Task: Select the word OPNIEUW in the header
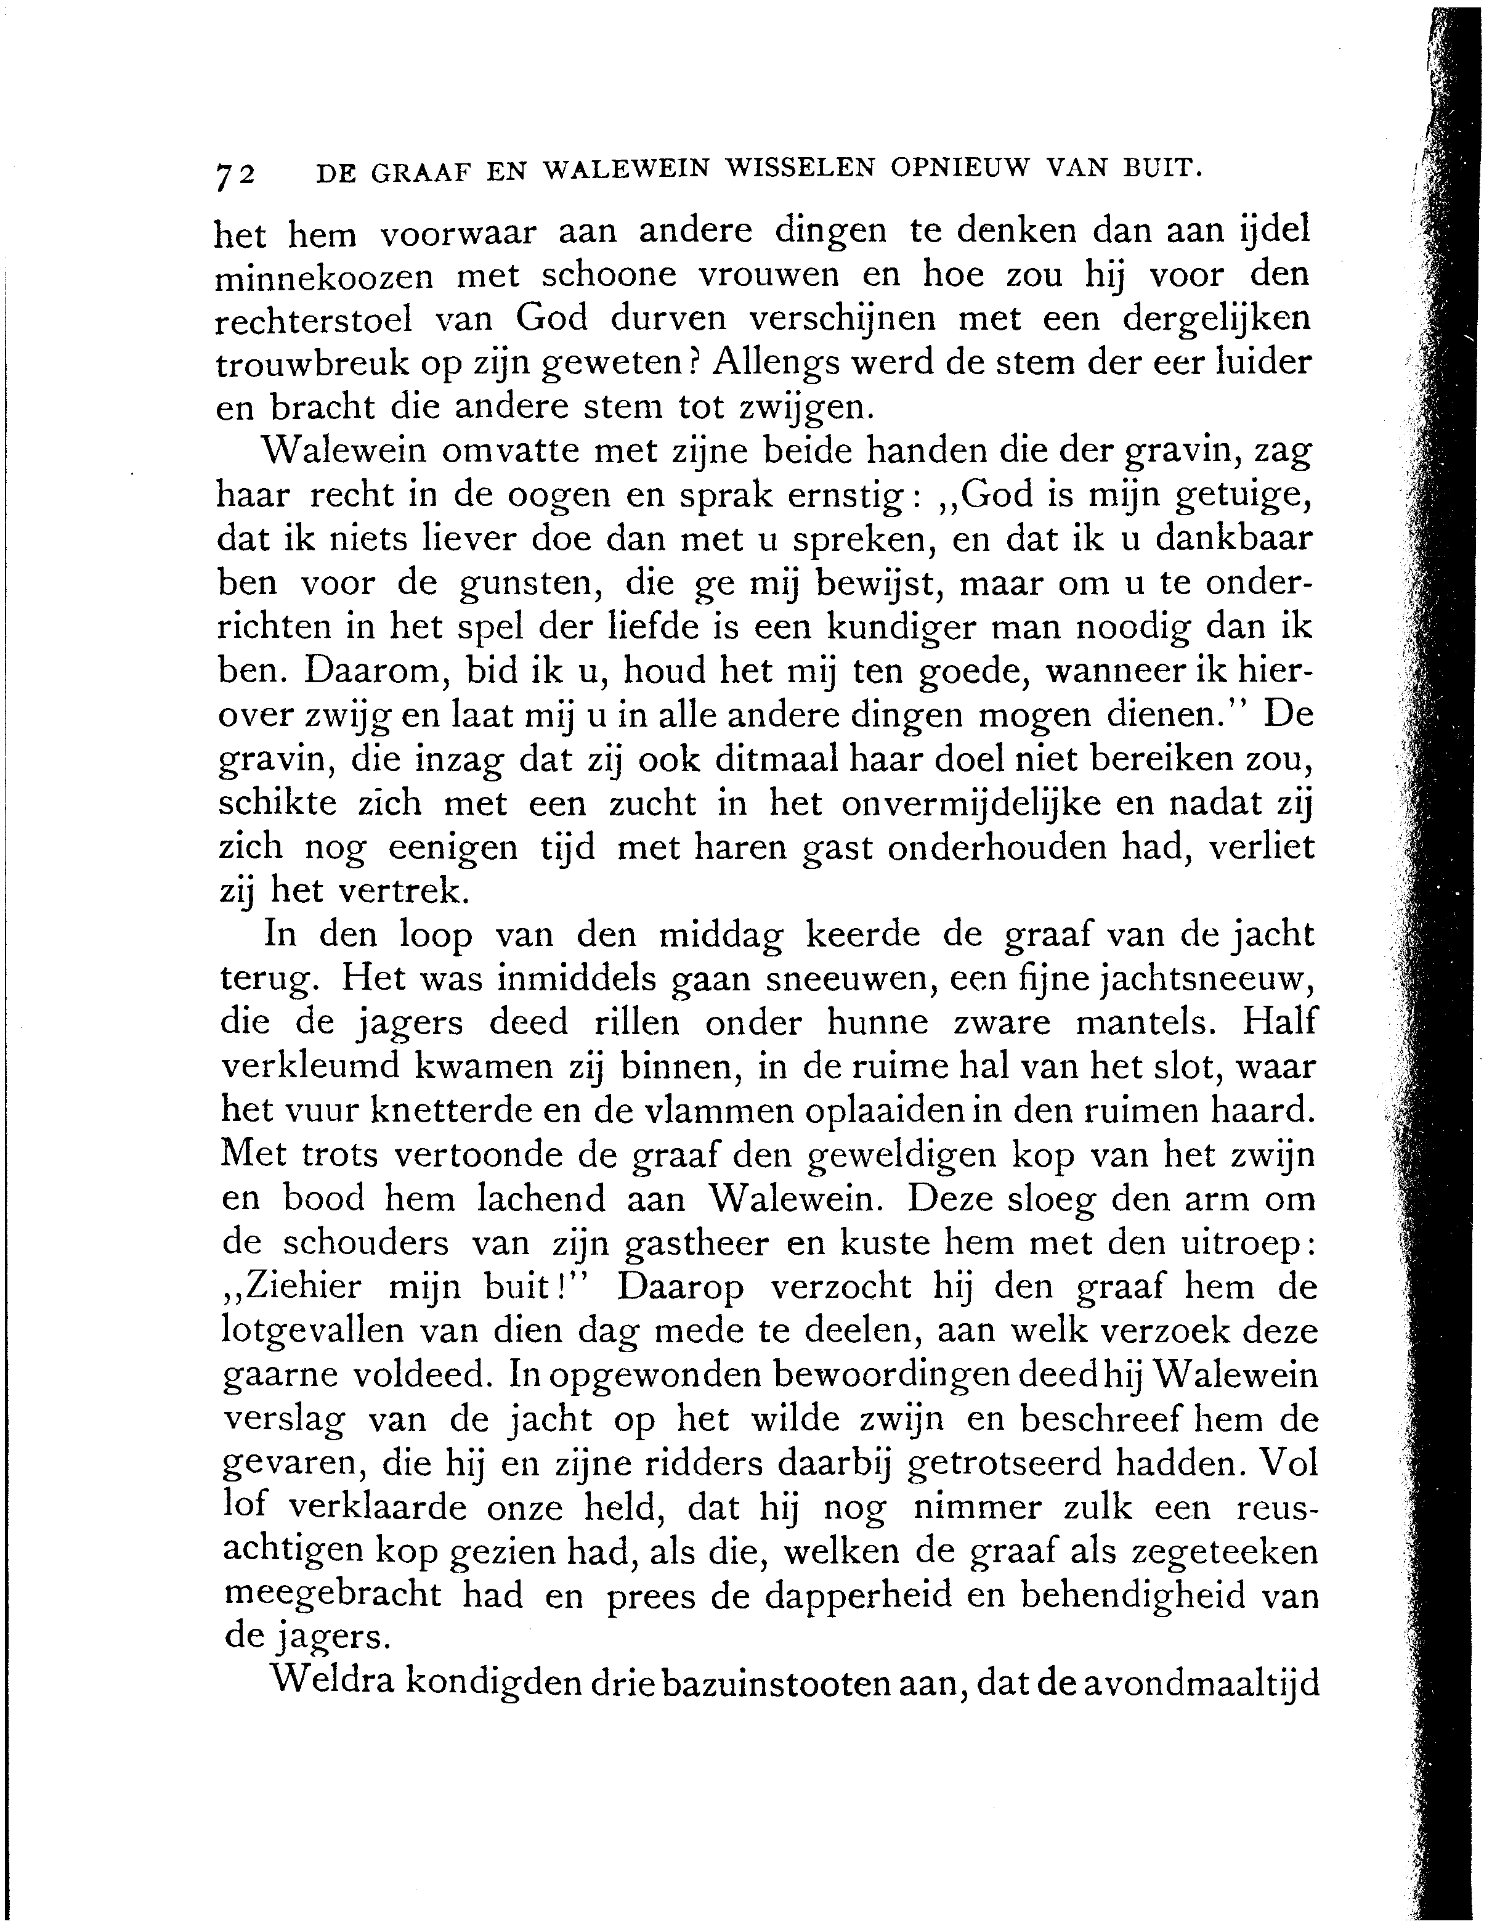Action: (959, 168)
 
